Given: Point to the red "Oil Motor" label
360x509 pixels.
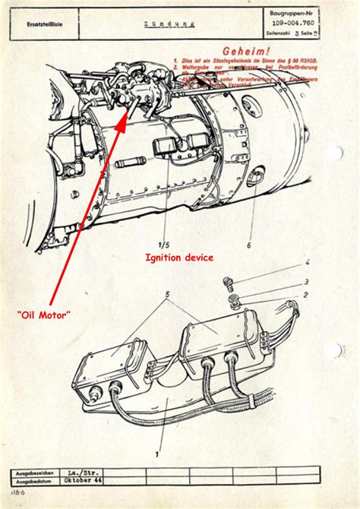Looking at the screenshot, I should [x=46, y=314].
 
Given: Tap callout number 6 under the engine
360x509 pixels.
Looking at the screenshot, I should [x=248, y=245].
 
